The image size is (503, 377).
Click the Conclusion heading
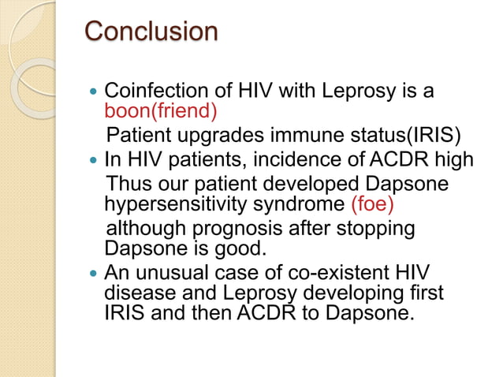click(x=151, y=32)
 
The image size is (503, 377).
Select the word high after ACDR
click(x=454, y=160)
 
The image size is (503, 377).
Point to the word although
click(x=143, y=229)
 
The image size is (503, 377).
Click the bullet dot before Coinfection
click(x=94, y=92)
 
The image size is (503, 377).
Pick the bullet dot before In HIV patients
click(x=94, y=161)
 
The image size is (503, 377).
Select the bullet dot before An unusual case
click(x=94, y=274)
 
